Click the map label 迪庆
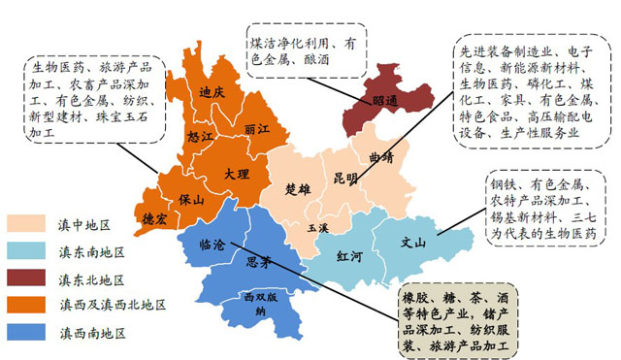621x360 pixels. click(x=212, y=93)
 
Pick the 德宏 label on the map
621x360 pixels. click(x=155, y=217)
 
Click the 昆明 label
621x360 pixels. click(x=345, y=180)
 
